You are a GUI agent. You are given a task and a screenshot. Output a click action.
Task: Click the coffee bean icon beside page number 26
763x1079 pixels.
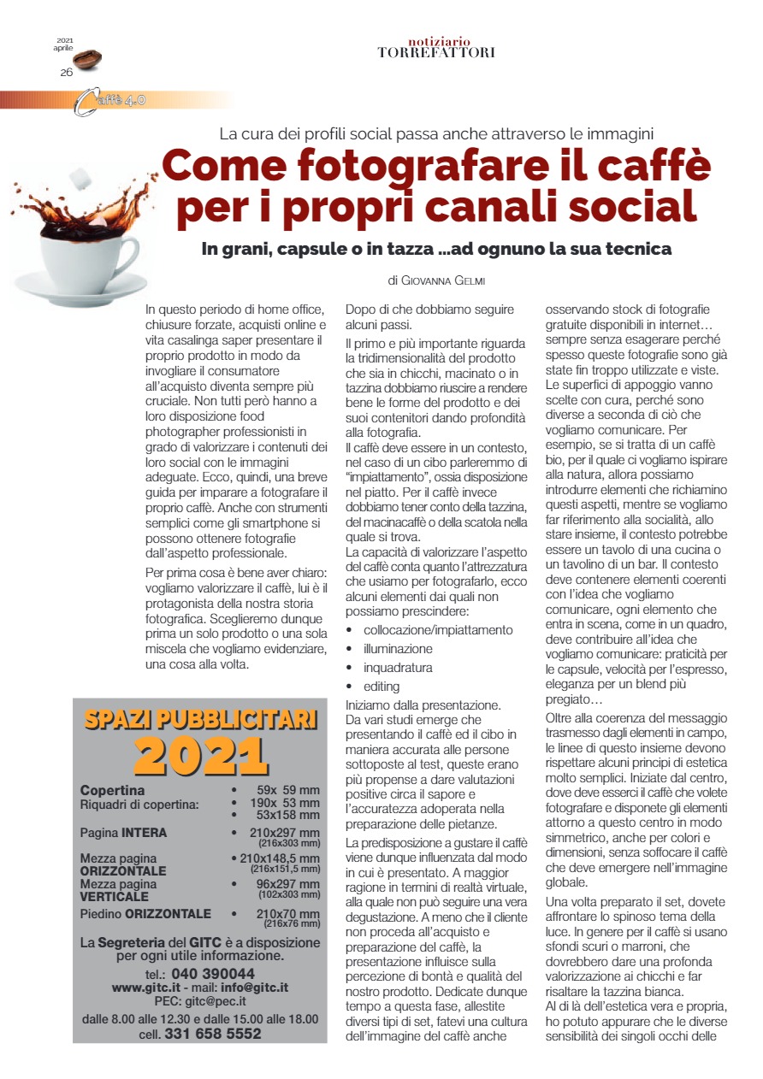tap(87, 60)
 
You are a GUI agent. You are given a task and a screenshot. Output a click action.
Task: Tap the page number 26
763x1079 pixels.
tap(66, 73)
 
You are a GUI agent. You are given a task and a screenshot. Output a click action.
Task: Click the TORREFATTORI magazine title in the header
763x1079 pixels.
tap(436, 52)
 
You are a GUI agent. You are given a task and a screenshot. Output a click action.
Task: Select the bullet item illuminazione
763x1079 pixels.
tap(398, 649)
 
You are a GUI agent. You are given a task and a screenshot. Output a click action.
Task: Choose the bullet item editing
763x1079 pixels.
tap(381, 687)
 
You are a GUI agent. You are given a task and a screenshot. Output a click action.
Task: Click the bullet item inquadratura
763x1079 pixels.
tap(398, 668)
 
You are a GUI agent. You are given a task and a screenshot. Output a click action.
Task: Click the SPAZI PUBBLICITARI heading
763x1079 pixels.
tap(201, 718)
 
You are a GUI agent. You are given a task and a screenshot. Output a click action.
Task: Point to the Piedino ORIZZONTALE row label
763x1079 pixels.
tap(145, 914)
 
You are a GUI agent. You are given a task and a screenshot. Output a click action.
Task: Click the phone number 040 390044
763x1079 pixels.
tap(212, 974)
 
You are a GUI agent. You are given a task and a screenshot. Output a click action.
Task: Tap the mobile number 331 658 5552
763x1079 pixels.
tap(212, 1034)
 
